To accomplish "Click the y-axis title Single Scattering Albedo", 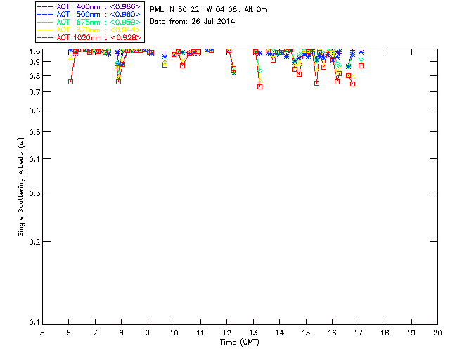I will tap(22, 187).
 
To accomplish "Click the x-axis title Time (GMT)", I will tap(240, 342).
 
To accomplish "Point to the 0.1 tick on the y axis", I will tap(33, 323).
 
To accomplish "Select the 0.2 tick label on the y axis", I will tap(33, 242).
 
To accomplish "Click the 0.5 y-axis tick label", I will tap(33, 132).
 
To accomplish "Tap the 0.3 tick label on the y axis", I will tap(33, 193).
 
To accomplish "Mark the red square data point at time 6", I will tap(70, 82).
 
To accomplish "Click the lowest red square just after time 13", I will tap(259, 86).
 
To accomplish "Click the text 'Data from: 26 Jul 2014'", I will tap(192, 21).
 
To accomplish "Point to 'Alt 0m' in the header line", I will tap(255, 10).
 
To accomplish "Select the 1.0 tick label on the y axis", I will tap(33, 51).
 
